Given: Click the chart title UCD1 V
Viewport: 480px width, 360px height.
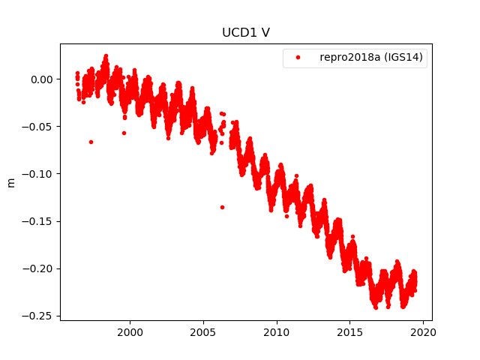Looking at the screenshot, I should point(245,33).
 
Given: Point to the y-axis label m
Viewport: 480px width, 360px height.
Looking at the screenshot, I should point(11,182).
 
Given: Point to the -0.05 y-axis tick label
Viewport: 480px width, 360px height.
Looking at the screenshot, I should point(39,127).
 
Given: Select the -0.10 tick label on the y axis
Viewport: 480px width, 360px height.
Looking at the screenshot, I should point(39,174).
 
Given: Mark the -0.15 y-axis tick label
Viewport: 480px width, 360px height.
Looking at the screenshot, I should point(39,221).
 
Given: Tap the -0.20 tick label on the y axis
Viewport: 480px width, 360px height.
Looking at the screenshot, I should point(39,268).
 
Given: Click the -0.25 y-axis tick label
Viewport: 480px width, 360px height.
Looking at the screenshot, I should point(39,316).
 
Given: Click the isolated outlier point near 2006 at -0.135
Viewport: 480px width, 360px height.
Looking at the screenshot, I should point(222,207).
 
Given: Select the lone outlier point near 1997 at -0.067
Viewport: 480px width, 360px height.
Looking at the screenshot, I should point(91,142).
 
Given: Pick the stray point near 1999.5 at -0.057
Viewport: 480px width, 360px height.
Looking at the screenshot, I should point(124,133).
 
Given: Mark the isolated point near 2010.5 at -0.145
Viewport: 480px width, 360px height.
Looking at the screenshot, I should point(286,216).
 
